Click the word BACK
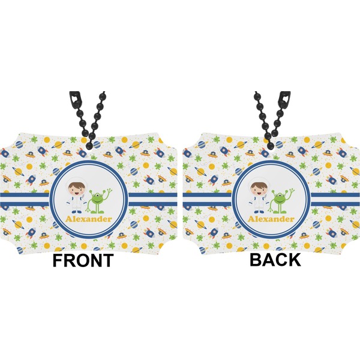[x=275, y=260]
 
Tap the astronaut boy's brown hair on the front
[x=77, y=182]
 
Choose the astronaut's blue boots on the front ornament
[x=77, y=211]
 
